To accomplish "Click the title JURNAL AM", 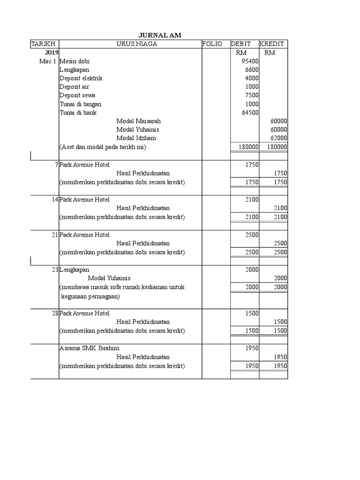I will coord(160,36).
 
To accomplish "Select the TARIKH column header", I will coord(43,44).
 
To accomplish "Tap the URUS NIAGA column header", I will coord(137,44).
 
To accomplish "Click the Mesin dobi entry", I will coord(75,61).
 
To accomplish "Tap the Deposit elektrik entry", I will coord(81,78).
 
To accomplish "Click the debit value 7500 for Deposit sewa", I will coord(252,95).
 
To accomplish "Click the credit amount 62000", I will coord(278,138).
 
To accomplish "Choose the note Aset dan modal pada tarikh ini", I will coord(103,147).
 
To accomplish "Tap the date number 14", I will coord(55,199).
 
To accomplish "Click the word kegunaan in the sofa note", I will coord(75,296).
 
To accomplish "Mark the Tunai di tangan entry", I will coord(80,104).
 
